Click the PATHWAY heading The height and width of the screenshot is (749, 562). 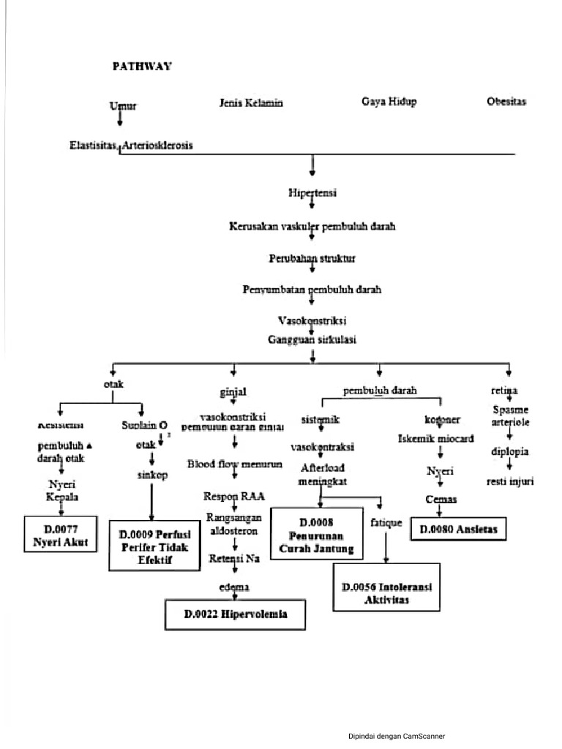[x=142, y=66]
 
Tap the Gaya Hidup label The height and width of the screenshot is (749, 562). [x=389, y=102]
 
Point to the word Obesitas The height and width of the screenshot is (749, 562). [x=507, y=102]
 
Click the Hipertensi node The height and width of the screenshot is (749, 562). [x=312, y=193]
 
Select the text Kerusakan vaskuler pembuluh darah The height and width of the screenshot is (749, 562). [x=312, y=227]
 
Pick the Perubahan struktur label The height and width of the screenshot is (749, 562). [x=312, y=259]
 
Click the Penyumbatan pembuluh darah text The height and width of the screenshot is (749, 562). [x=312, y=290]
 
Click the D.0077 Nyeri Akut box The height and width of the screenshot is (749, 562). [x=61, y=534]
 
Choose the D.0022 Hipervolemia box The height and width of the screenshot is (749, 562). [x=235, y=615]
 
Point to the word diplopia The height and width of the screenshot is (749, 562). [x=510, y=451]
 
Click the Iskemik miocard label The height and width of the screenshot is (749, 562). [x=436, y=439]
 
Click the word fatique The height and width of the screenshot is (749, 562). [x=386, y=524]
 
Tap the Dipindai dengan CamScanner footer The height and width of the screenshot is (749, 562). [x=396, y=736]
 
